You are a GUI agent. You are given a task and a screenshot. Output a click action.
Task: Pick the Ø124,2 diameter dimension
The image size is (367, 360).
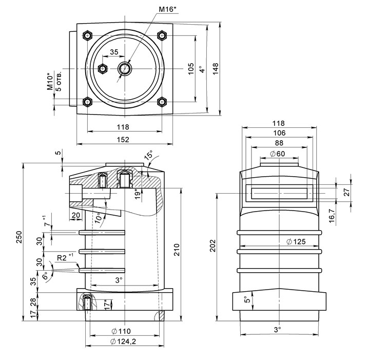[123, 341]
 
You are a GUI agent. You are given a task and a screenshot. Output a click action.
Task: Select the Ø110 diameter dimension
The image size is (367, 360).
[123, 331]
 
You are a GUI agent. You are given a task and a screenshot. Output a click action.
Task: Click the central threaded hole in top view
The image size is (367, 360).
[125, 68]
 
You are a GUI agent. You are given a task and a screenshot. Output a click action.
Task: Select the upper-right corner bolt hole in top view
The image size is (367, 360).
[163, 35]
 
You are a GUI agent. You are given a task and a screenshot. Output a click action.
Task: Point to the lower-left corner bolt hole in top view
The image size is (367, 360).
[88, 102]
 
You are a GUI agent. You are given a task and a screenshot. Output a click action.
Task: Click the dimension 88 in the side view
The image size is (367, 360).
[279, 143]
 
